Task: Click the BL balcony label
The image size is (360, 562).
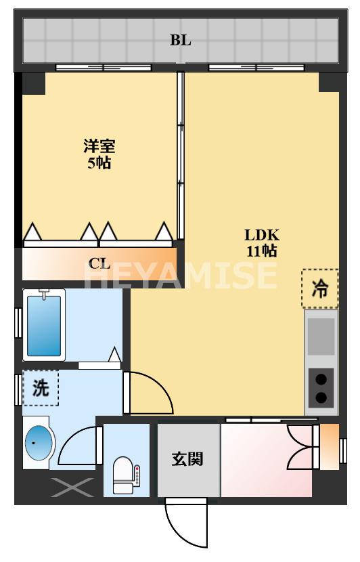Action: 180,40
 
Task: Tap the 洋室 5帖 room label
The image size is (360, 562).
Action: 99,154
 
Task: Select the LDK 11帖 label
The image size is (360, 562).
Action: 261,242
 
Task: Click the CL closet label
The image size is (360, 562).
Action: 99,263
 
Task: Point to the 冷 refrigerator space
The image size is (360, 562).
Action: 319,288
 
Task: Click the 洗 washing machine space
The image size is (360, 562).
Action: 41,388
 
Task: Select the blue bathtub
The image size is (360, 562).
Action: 44,324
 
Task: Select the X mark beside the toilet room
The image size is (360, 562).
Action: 74,486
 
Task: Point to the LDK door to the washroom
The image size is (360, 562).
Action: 149,394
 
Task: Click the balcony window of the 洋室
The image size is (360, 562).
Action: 104,67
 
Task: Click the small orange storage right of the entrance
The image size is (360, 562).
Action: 330,446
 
